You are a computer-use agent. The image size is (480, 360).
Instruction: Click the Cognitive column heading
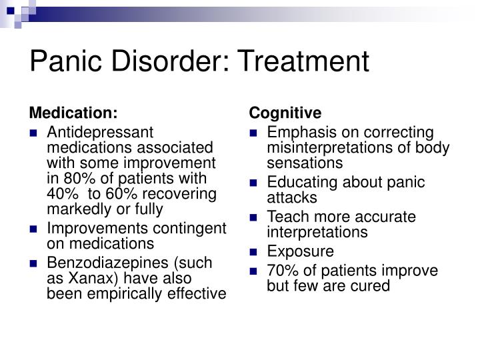pos(285,113)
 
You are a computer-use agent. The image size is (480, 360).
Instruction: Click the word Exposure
pos(300,251)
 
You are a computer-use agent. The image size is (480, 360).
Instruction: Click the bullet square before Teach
pos(254,217)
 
